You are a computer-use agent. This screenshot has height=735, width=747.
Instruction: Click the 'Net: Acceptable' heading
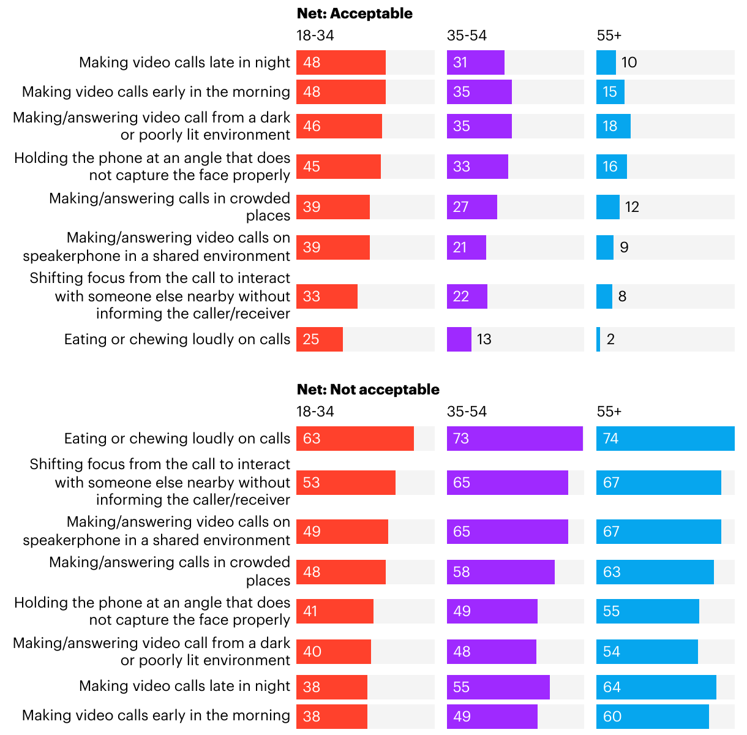pyautogui.click(x=355, y=13)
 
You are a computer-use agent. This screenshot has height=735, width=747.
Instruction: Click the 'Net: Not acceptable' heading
pyautogui.click(x=368, y=390)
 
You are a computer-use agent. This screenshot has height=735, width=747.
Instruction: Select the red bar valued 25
pyautogui.click(x=320, y=339)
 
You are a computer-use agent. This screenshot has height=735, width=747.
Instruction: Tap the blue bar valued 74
pyautogui.click(x=665, y=439)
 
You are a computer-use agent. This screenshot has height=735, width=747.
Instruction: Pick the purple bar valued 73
pyautogui.click(x=514, y=439)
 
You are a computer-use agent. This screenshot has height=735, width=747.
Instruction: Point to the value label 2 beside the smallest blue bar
pyautogui.click(x=610, y=339)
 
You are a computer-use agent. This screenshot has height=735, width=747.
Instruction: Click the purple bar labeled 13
pyautogui.click(x=459, y=339)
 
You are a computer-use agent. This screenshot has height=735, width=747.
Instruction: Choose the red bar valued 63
pyautogui.click(x=355, y=439)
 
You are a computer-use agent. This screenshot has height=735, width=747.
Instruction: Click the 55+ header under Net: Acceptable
pyautogui.click(x=609, y=36)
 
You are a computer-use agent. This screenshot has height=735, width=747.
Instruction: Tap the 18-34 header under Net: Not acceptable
pyautogui.click(x=315, y=412)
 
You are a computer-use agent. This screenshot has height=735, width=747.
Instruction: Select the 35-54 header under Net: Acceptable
pyautogui.click(x=467, y=36)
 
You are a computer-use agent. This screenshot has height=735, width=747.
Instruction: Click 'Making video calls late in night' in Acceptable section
pyautogui.click(x=184, y=62)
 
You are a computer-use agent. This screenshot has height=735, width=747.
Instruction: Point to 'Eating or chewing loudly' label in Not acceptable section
pyautogui.click(x=177, y=439)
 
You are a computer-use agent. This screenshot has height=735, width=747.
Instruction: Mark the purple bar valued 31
pyautogui.click(x=475, y=62)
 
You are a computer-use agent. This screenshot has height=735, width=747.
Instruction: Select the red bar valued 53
pyautogui.click(x=346, y=483)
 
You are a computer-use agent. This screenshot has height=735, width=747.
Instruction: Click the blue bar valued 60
pyautogui.click(x=652, y=717)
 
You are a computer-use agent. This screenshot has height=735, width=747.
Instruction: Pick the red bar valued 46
pyautogui.click(x=339, y=126)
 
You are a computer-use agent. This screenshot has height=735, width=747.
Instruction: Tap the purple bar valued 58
pyautogui.click(x=500, y=572)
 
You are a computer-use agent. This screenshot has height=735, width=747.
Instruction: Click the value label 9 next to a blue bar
pyautogui.click(x=624, y=247)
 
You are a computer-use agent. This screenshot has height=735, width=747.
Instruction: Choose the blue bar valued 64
pyautogui.click(x=656, y=687)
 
